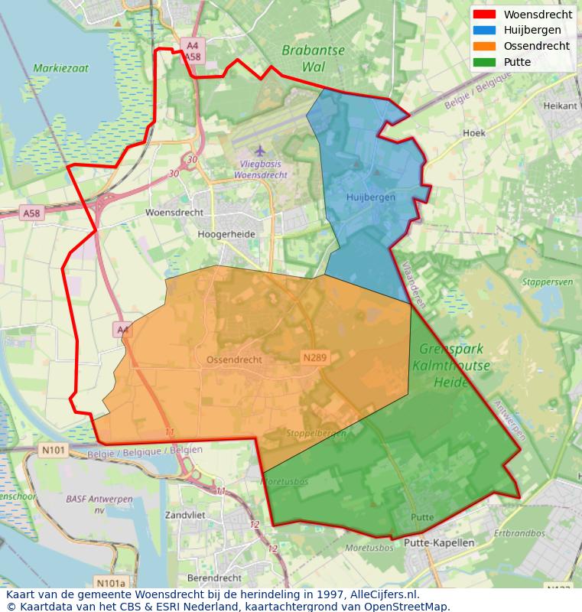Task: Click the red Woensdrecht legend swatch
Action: pos(484,15)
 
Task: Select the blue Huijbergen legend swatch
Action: pos(484,31)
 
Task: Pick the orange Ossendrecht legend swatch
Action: pos(484,46)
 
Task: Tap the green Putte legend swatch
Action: pos(484,62)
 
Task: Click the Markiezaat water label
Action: pos(60,68)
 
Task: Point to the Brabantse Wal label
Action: pos(313,58)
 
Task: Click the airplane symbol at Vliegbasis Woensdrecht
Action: pos(260,150)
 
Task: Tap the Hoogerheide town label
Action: pos(226,234)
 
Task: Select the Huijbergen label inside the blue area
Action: pos(370,197)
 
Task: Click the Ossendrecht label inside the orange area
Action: pos(234,360)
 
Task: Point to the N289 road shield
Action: pos(314,357)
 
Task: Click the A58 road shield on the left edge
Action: pos(31,213)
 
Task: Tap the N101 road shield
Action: pos(54,450)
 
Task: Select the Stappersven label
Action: pos(547,282)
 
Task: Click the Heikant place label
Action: pos(560,106)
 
